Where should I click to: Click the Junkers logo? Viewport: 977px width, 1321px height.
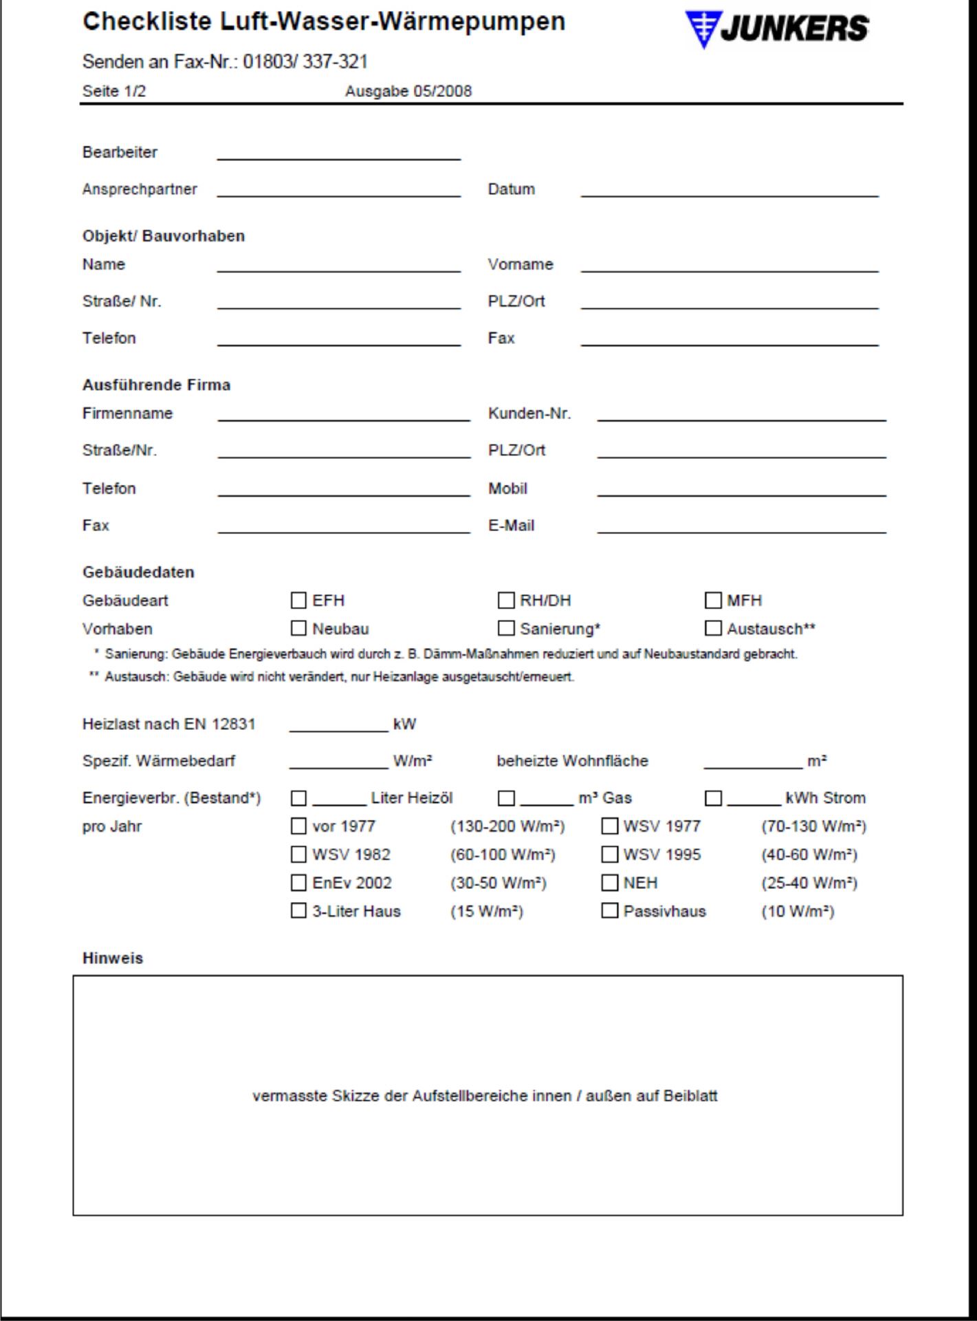777,30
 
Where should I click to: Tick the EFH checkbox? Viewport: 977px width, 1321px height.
298,601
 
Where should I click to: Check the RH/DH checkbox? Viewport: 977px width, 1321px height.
506,601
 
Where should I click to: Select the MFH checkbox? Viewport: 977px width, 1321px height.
713,601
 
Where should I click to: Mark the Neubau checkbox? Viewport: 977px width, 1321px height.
298,629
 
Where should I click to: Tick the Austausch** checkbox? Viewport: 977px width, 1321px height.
713,629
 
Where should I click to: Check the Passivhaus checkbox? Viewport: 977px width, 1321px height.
609,912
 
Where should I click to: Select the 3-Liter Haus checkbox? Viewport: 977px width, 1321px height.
298,912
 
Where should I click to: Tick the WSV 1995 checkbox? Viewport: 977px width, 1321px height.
609,855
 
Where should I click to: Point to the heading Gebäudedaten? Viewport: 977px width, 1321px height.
138,572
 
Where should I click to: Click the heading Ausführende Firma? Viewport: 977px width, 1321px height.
156,385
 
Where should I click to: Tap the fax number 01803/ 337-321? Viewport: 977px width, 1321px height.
305,63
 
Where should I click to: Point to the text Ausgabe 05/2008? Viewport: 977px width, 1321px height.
408,92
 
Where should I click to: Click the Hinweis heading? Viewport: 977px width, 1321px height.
113,958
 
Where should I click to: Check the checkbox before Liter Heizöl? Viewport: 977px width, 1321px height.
298,798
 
